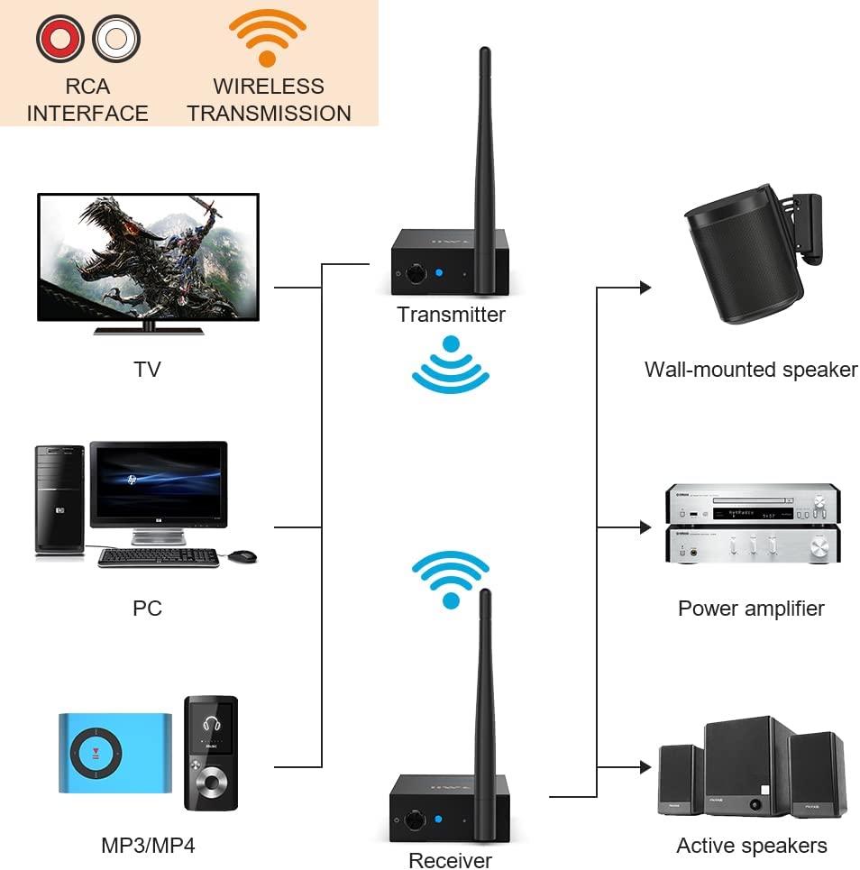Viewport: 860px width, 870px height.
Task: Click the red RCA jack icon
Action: pos(59,39)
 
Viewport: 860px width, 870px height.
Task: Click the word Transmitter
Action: pos(451,315)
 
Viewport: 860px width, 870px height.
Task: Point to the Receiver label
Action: pos(451,860)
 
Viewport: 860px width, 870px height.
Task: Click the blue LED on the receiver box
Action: pos(436,819)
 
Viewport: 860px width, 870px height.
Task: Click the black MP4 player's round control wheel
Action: pos(211,781)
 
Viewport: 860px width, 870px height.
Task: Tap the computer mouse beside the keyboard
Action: pos(242,556)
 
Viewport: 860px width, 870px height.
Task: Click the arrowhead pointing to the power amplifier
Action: pos(645,526)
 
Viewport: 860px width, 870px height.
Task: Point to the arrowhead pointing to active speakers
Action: pos(645,767)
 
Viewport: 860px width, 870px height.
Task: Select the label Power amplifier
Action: pos(751,609)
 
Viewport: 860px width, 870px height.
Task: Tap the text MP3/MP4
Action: pos(148,846)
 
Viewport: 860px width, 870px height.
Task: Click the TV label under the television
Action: pos(147,369)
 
